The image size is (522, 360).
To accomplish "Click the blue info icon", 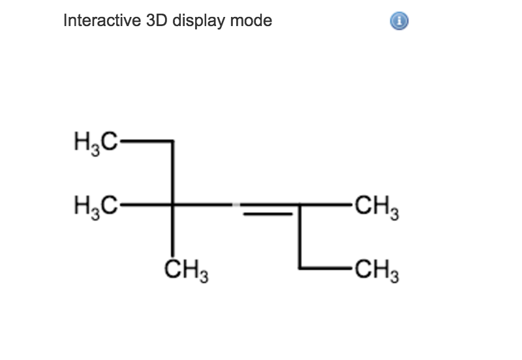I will (399, 22).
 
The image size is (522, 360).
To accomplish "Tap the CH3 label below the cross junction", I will (185, 268).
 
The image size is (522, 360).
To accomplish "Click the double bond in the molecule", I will (269, 208).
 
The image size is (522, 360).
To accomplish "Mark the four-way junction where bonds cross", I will (173, 205).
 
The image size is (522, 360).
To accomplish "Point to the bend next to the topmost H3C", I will (173, 141).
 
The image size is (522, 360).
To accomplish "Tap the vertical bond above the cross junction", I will (173, 173).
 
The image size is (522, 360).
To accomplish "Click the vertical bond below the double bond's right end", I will (300, 236).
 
